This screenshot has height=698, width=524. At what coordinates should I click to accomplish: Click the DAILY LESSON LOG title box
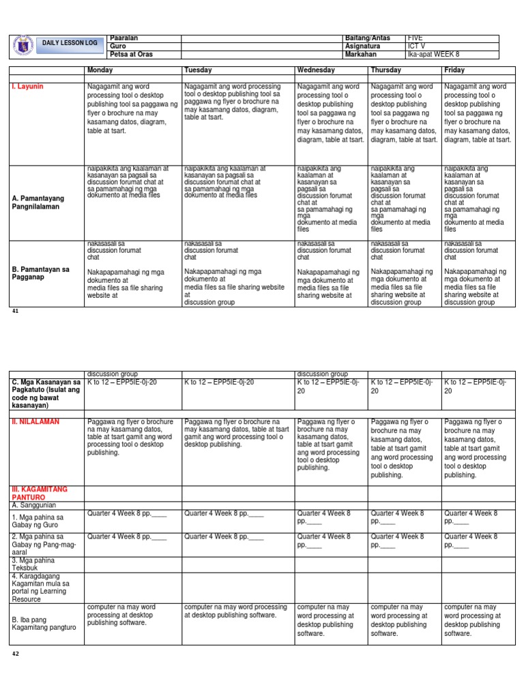point(70,43)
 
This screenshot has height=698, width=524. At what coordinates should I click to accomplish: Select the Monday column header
point(100,70)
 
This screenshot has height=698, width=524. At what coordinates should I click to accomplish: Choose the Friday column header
point(455,70)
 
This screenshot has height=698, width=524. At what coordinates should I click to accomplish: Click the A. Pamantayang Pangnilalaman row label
point(40,202)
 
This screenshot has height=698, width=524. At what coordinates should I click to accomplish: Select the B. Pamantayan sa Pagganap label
point(41,273)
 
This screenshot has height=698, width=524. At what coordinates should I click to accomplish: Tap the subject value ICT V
point(416,46)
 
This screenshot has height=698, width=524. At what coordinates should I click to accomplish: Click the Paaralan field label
point(123,38)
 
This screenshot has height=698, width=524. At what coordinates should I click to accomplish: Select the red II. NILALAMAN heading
point(35,422)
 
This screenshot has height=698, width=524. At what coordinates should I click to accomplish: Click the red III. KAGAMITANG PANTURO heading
point(38,494)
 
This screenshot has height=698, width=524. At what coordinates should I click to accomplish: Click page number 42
point(16,653)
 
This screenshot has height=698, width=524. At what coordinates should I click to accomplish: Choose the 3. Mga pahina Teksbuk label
point(31,564)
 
